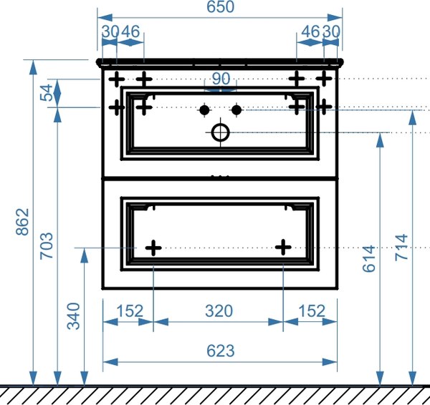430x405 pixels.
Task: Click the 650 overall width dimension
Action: click(x=220, y=7)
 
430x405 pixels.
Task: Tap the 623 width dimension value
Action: click(x=220, y=351)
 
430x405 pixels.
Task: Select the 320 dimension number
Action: click(x=219, y=311)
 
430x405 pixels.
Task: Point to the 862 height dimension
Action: click(x=22, y=222)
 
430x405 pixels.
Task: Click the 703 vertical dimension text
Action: click(x=47, y=246)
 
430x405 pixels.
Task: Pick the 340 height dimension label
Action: click(x=74, y=316)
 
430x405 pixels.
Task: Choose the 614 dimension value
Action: click(x=369, y=259)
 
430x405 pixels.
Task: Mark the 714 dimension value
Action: click(x=401, y=248)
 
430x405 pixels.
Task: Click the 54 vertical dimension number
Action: click(x=46, y=92)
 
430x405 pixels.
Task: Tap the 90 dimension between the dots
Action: click(x=221, y=79)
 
